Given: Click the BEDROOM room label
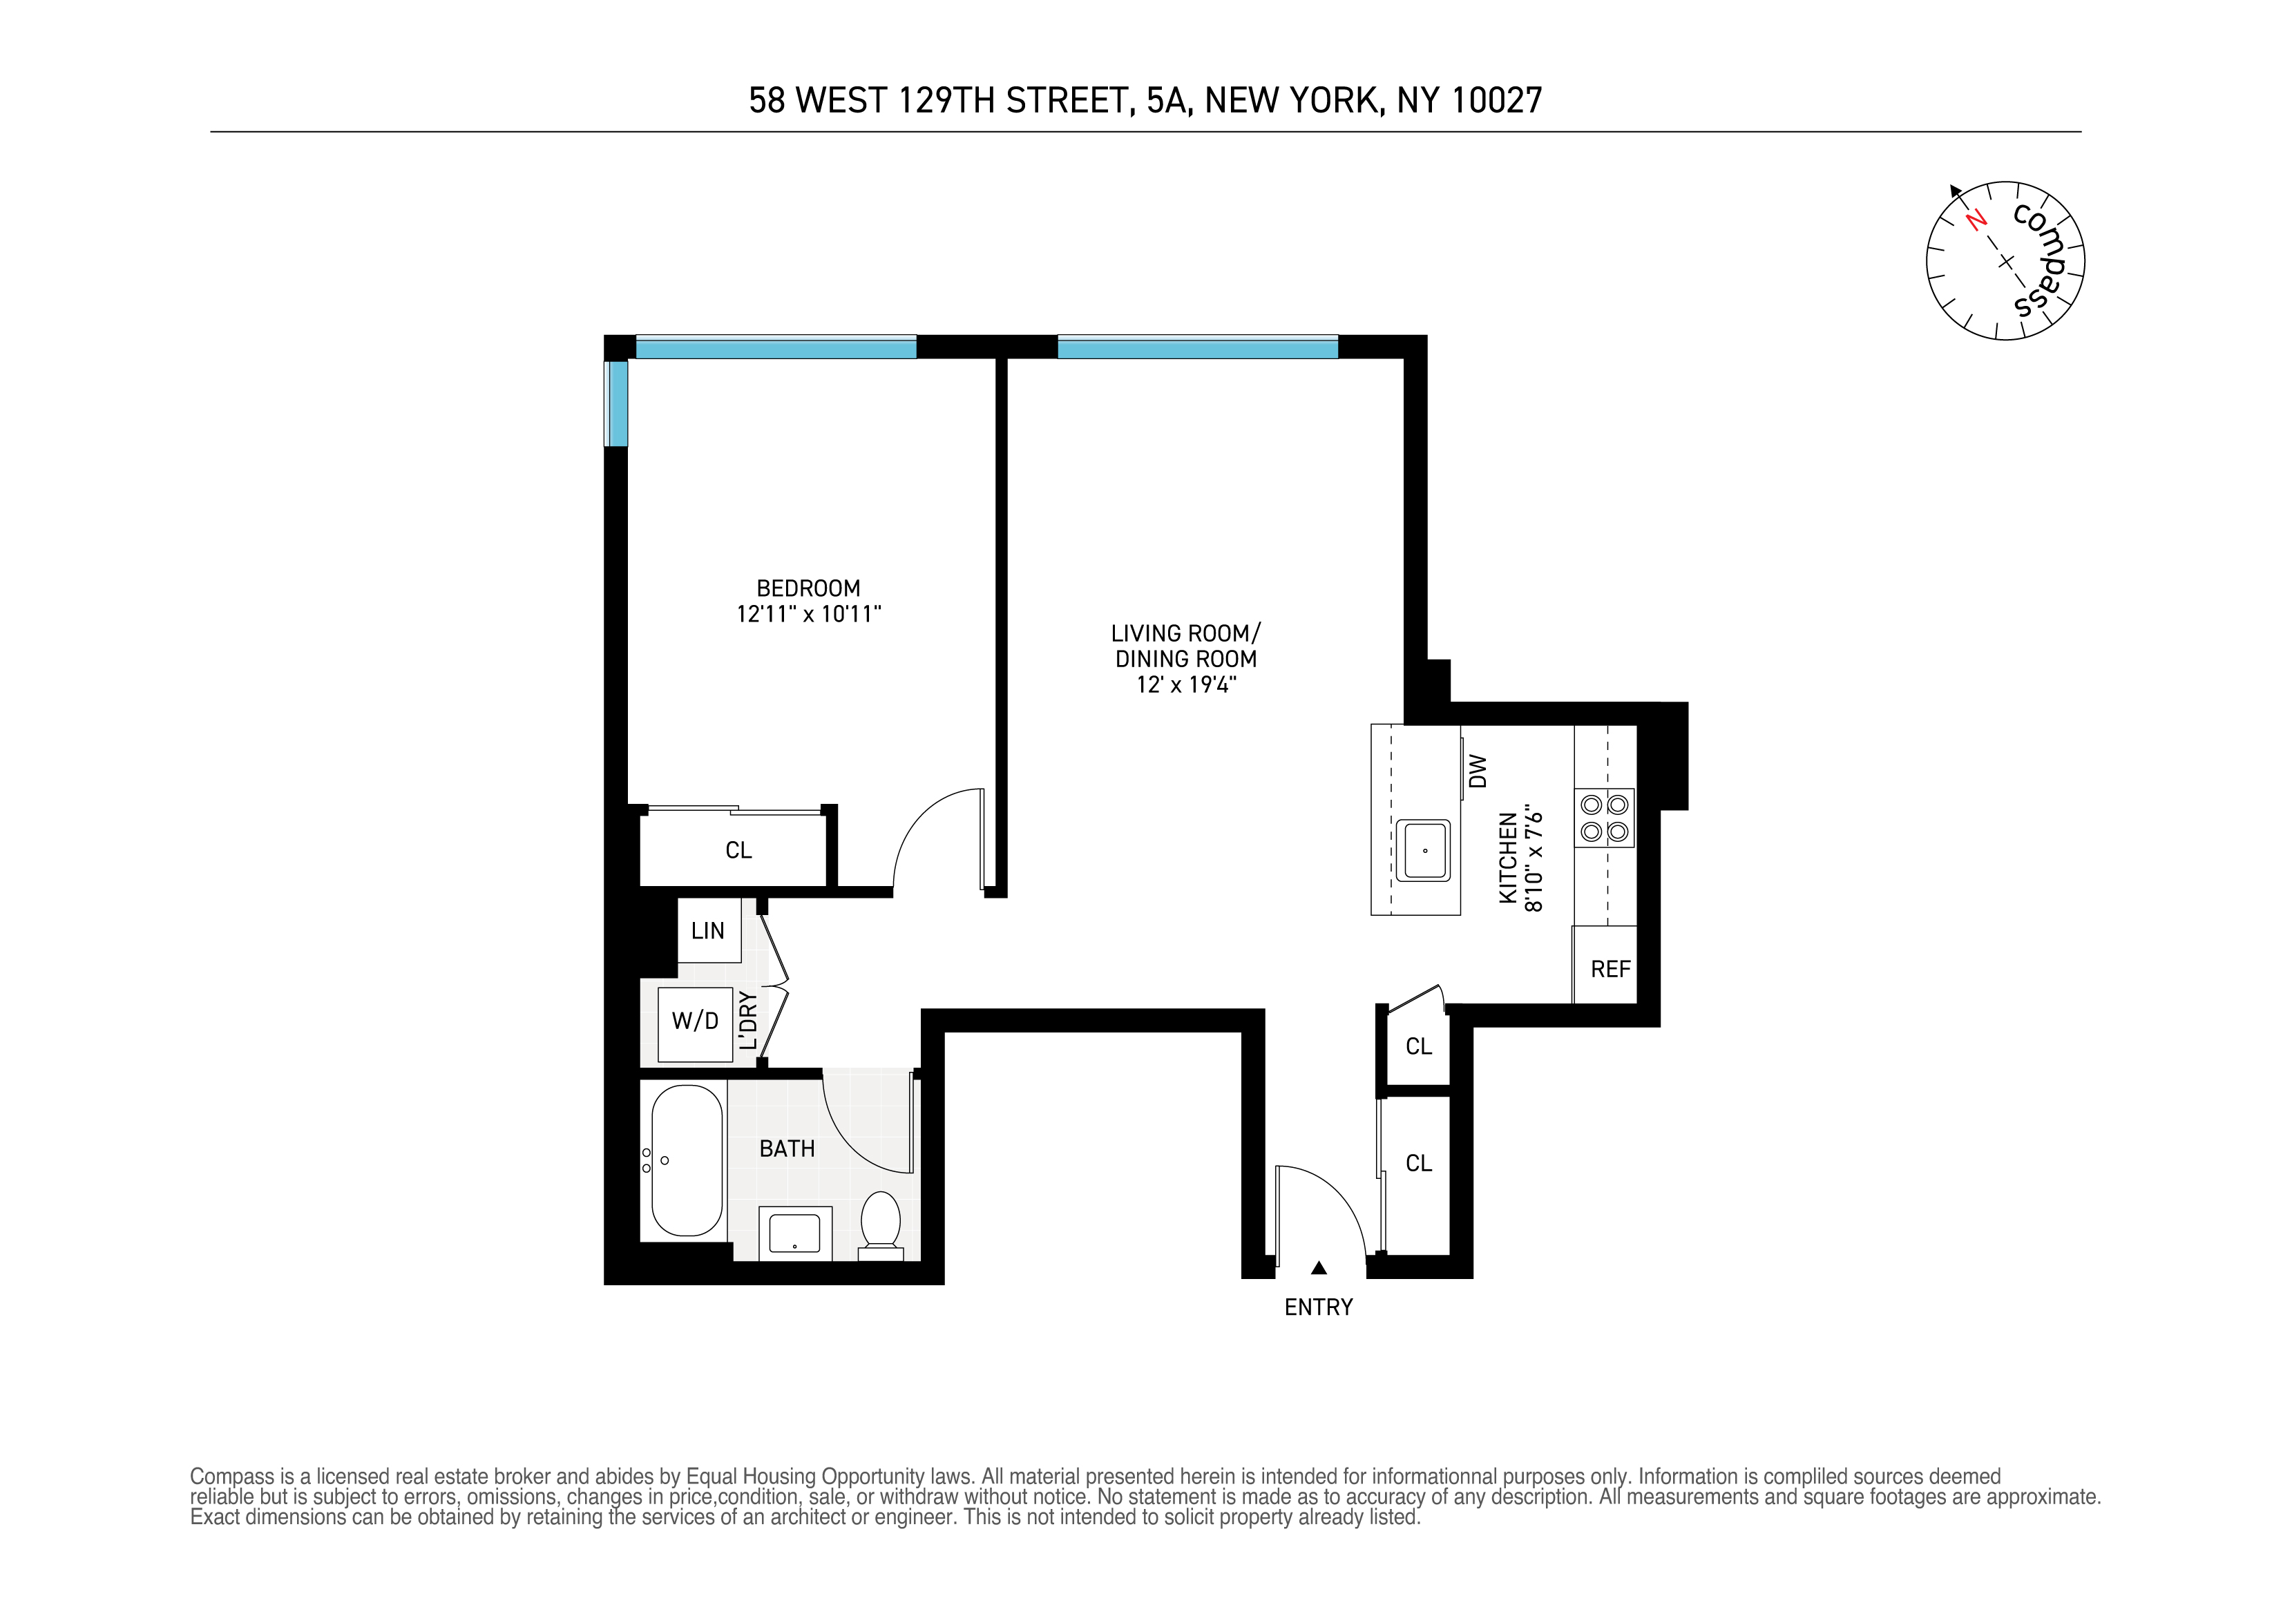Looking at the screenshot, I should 808,589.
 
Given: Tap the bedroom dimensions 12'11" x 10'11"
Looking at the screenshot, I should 809,615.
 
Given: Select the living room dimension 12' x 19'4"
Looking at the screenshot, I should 1186,684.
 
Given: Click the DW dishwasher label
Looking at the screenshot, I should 1478,771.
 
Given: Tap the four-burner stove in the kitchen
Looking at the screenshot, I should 1604,818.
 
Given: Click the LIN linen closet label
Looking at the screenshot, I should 708,931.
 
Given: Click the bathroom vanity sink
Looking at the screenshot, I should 794,1233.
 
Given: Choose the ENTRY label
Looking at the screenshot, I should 1318,1307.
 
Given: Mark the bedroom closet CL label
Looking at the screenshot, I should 738,850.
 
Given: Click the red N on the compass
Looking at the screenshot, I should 1974,220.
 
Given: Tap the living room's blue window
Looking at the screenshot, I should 1197,348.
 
